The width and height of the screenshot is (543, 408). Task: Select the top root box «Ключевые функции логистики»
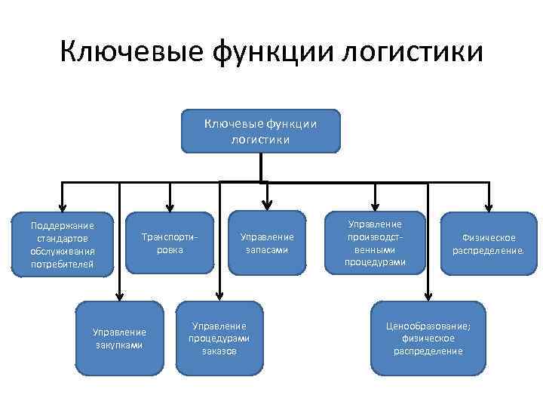coord(260,130)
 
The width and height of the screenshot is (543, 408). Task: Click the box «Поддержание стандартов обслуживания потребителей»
coord(62,244)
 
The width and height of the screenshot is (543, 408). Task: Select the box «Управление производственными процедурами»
coord(375,243)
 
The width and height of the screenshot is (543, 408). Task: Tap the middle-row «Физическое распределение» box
coord(489,243)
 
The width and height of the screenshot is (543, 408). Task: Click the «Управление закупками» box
coord(119,338)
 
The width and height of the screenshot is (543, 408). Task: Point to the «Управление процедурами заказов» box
coord(220,338)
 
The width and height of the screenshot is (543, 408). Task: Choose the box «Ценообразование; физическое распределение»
coord(428,338)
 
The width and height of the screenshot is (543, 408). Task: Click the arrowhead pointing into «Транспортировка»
coord(170,206)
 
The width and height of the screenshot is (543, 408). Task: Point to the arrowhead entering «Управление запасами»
coord(266,206)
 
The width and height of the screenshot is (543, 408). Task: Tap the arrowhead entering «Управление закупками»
coord(119,296)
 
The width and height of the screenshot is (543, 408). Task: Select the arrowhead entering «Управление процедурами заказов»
coord(219,296)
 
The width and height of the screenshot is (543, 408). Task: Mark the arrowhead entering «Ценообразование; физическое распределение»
coord(428,296)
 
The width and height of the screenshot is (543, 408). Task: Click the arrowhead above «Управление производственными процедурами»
coord(375,206)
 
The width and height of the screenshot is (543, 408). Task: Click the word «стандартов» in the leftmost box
coord(62,238)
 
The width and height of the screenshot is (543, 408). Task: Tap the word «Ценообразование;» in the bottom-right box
coord(428,326)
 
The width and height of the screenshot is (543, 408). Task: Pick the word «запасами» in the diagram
coord(266,250)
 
